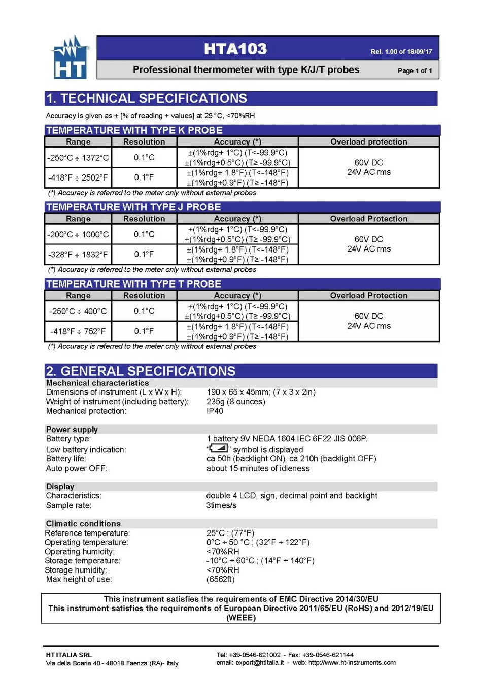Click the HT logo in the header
tap(70, 58)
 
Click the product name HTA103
tap(235, 49)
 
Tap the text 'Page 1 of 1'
tap(415, 70)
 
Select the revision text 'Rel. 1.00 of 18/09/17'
tap(401, 51)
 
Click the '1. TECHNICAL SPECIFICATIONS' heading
tap(146, 98)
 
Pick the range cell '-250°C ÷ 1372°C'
tap(78, 158)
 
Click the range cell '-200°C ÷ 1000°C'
tap(78, 234)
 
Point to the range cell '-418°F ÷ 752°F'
tap(78, 331)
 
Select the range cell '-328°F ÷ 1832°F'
tap(78, 254)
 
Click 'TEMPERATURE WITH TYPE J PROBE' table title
tap(133, 207)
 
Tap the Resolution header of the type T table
tap(144, 295)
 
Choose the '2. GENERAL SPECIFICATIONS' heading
tap(141, 371)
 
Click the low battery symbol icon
tap(219, 448)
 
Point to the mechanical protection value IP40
tap(215, 411)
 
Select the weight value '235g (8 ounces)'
tap(236, 401)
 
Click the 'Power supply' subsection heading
tap(72, 429)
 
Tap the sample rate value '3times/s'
tap(221, 505)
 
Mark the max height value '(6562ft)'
tap(220, 579)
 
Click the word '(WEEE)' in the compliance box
tap(241, 617)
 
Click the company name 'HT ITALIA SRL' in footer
tap(69, 655)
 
